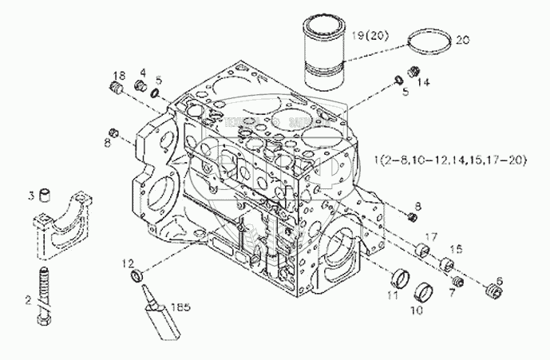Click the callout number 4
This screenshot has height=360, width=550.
click(x=142, y=72)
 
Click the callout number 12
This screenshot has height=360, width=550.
click(x=127, y=263)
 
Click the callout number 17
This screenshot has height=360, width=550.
click(x=431, y=236)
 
